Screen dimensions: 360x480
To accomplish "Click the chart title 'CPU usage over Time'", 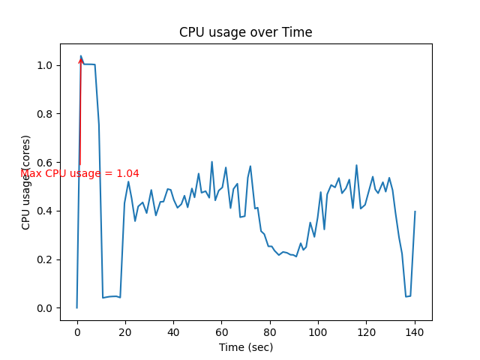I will point(245,32).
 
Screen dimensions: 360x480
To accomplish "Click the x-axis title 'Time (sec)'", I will point(245,347).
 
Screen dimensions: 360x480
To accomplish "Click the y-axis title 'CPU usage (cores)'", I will point(26,182).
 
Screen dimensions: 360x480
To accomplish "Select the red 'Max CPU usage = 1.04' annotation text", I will point(79,173).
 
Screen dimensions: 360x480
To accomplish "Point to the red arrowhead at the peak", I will point(81,60).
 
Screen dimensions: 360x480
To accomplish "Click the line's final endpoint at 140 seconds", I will point(415,211).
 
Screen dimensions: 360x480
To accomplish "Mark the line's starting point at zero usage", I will point(76,307).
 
